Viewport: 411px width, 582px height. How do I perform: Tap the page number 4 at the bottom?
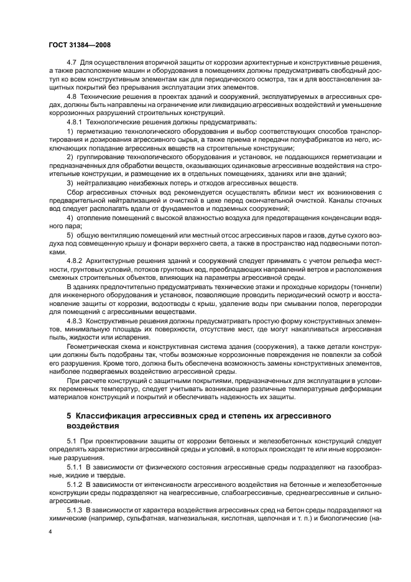[50, 532]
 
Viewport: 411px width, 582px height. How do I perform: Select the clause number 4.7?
[72, 64]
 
